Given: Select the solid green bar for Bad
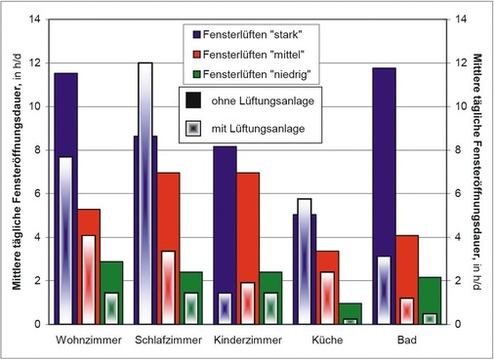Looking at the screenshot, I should tap(430, 294).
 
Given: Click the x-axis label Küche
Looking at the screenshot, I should tap(327, 340).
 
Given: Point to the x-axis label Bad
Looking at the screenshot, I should tap(407, 340).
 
